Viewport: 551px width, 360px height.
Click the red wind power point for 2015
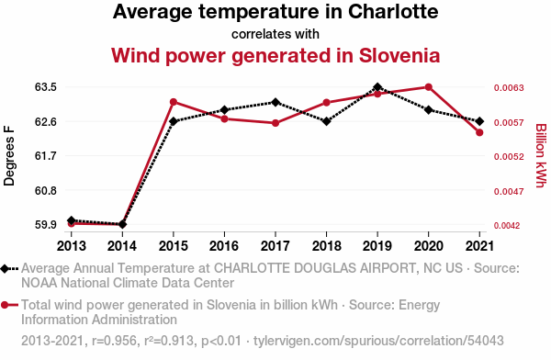[x=174, y=102]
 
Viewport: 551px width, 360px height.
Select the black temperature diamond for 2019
[x=377, y=87]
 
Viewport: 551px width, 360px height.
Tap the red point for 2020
[x=428, y=87]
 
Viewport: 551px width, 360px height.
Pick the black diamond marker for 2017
[x=275, y=102]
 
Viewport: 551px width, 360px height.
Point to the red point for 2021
[x=479, y=132]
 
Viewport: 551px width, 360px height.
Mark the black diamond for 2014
[x=122, y=224]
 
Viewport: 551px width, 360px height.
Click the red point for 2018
[x=326, y=103]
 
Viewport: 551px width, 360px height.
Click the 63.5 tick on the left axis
[x=46, y=87]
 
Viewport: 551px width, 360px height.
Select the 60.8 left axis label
[x=46, y=190]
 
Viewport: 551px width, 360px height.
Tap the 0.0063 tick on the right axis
[x=509, y=87]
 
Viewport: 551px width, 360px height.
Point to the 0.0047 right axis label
[x=509, y=192]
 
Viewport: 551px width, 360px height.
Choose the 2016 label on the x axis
[x=224, y=246]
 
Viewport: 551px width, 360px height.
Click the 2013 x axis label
[x=72, y=246]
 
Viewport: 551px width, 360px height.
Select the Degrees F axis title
[x=9, y=155]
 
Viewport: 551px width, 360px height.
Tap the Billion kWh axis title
[x=541, y=155]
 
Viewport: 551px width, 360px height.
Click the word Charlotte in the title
[x=393, y=12]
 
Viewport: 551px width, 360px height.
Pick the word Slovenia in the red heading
[x=399, y=55]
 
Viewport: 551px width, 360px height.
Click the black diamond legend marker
[x=5, y=268]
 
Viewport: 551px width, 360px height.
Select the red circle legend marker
[x=5, y=305]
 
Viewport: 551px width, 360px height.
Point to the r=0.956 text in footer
[x=114, y=341]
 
